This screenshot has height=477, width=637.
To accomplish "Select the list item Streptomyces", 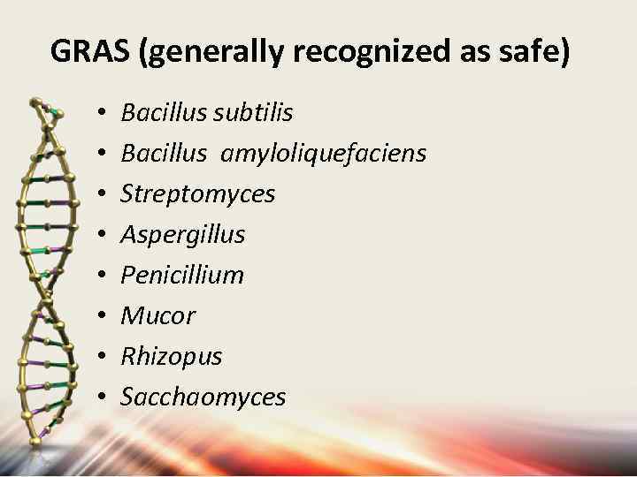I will click(197, 194).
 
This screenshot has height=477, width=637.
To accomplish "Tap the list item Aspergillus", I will click(182, 235).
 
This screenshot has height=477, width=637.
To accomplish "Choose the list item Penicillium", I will click(181, 276).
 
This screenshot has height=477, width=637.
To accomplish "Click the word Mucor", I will click(157, 316).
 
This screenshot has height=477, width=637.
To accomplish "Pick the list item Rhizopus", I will click(171, 357).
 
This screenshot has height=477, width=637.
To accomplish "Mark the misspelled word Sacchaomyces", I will click(203, 397).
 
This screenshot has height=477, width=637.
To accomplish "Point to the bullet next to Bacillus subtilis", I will click(103, 114).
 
